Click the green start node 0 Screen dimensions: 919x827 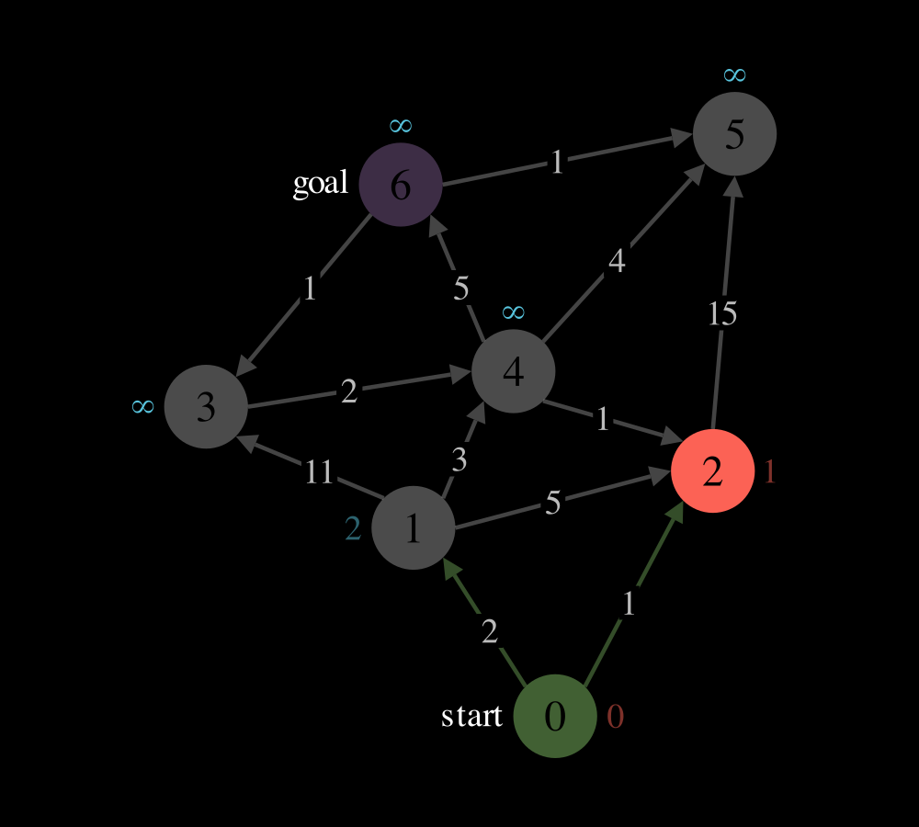click(555, 716)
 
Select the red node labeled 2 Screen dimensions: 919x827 click(712, 470)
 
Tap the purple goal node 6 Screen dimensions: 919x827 click(401, 185)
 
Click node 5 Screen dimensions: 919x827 click(734, 133)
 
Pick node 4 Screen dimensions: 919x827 click(513, 371)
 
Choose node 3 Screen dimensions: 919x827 click(206, 407)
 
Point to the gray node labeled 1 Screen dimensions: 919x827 click(414, 527)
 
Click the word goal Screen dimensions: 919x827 click(321, 184)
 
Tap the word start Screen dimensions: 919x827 click(471, 716)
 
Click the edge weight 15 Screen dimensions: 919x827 click(722, 313)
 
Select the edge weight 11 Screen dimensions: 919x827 click(320, 471)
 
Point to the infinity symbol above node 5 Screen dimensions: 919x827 click(734, 75)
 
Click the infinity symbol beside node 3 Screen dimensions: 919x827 click(143, 406)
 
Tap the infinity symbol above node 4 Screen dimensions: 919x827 click(514, 312)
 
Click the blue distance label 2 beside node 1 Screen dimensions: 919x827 click(353, 528)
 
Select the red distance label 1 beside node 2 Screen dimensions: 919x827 click(770, 471)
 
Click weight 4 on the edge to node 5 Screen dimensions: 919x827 click(617, 261)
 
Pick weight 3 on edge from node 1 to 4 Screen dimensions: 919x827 click(459, 460)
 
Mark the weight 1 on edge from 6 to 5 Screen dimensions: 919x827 click(557, 162)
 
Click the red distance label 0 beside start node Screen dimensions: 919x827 click(616, 716)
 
